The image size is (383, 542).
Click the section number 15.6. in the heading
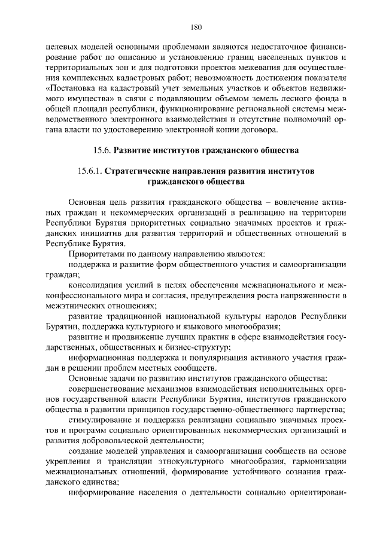(x=100, y=149)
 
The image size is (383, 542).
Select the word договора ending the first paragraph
(x=258, y=130)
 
